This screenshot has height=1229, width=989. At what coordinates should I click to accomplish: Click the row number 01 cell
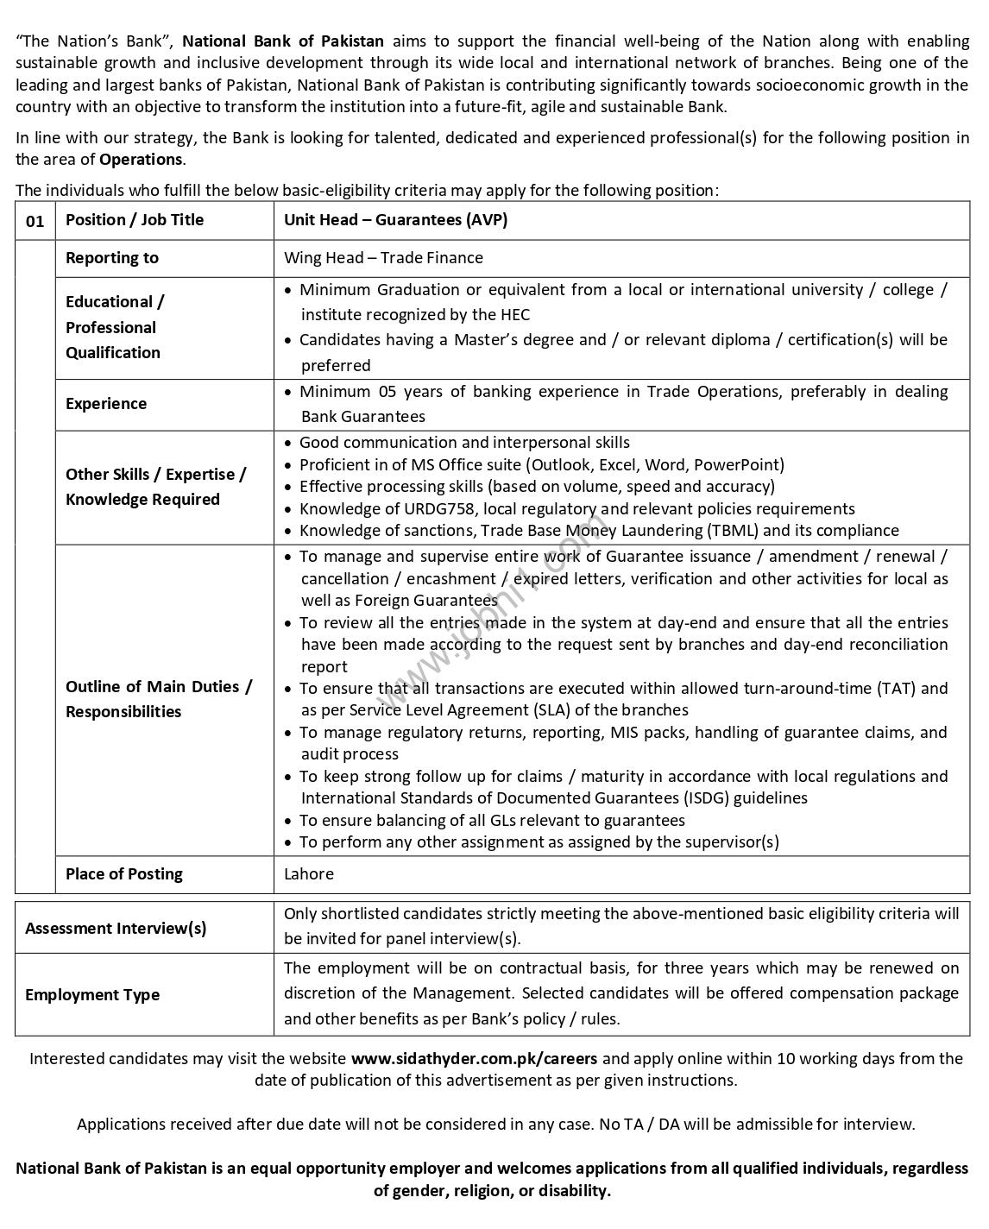(35, 221)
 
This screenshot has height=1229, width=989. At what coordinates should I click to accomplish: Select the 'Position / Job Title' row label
(135, 220)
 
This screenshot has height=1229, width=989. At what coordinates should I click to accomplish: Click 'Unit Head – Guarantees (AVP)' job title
(395, 220)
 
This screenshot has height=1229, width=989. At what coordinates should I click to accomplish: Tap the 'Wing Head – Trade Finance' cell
(383, 258)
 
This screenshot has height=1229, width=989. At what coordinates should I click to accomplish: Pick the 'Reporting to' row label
(112, 258)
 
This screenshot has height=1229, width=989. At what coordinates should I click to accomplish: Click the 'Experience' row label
(106, 404)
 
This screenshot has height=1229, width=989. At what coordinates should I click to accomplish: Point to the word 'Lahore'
(309, 874)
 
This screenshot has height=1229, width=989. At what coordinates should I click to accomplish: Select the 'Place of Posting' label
(124, 874)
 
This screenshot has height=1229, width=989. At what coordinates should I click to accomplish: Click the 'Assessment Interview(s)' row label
(116, 929)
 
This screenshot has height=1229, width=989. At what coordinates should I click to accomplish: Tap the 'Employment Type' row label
(92, 995)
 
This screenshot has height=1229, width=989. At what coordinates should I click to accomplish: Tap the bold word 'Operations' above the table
(141, 160)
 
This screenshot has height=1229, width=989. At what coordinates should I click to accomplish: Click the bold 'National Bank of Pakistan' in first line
(283, 41)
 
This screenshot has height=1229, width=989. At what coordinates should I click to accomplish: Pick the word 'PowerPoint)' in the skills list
(740, 465)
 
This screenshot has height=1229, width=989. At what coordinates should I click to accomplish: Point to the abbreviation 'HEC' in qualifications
(514, 315)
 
